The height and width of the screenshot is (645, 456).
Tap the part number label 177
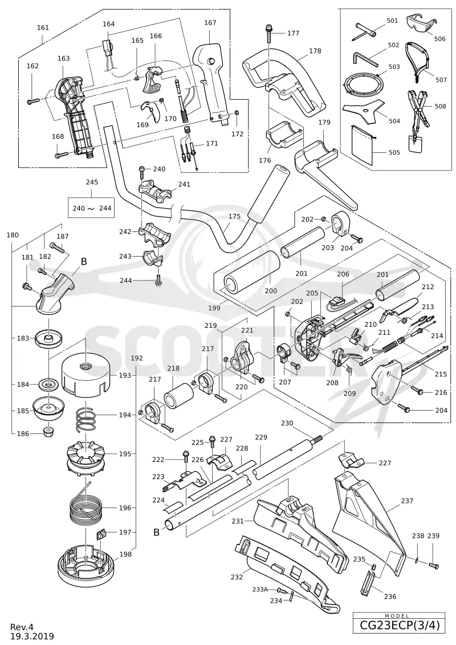pos(293,33)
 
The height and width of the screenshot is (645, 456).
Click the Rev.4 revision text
pos(22,627)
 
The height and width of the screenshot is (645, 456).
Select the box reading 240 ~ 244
pos(92,208)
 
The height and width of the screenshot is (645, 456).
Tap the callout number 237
pos(406,501)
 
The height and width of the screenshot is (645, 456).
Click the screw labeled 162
pos(33,100)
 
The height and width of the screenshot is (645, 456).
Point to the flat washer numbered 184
pos(48,385)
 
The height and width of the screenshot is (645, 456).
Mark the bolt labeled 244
pos(158,281)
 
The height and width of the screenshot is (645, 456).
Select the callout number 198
pos(125,554)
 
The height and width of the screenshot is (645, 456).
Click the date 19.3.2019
pos(32,636)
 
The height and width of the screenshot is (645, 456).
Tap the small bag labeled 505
pos(363,145)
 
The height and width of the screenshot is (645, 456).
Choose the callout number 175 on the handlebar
pos(234,216)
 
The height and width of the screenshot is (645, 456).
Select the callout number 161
pos(43,27)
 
